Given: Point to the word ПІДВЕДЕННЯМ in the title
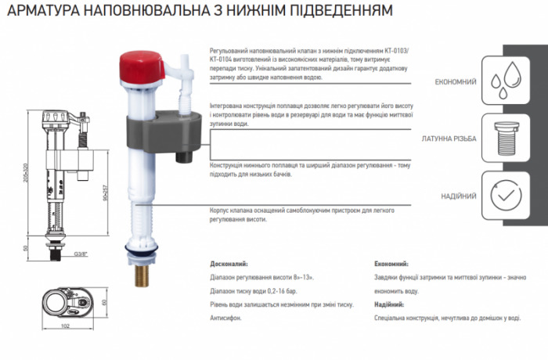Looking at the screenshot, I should pyautogui.click(x=342, y=13).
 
